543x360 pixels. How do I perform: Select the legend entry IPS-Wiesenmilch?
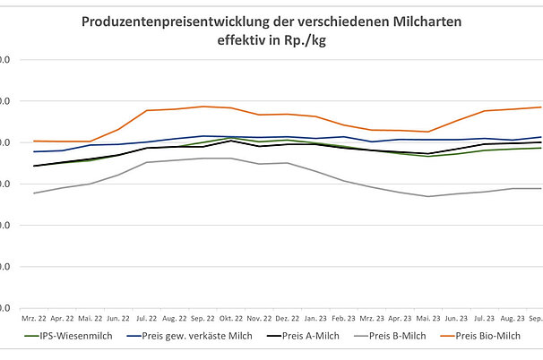pyautogui.click(x=67, y=337)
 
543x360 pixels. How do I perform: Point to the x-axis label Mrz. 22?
pyautogui.click(x=35, y=317)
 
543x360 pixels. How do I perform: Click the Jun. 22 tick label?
pyautogui.click(x=118, y=317)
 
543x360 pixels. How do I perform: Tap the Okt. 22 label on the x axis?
pyautogui.click(x=231, y=317)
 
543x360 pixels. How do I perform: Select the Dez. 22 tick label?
pyautogui.click(x=288, y=317)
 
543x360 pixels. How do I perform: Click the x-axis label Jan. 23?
pyautogui.click(x=315, y=317)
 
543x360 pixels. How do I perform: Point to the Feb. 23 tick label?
pyautogui.click(x=344, y=317)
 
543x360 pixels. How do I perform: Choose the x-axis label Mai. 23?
pyautogui.click(x=427, y=317)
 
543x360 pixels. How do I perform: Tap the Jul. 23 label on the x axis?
pyautogui.click(x=484, y=317)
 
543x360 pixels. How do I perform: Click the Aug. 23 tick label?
pyautogui.click(x=513, y=317)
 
